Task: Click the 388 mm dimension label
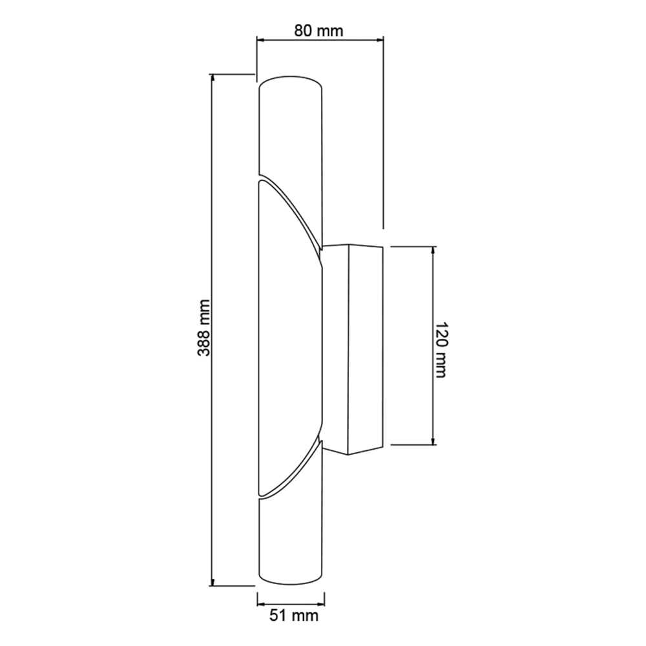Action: tap(205, 329)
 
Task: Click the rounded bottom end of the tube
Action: tap(289, 580)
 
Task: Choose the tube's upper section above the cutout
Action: tap(289, 129)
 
